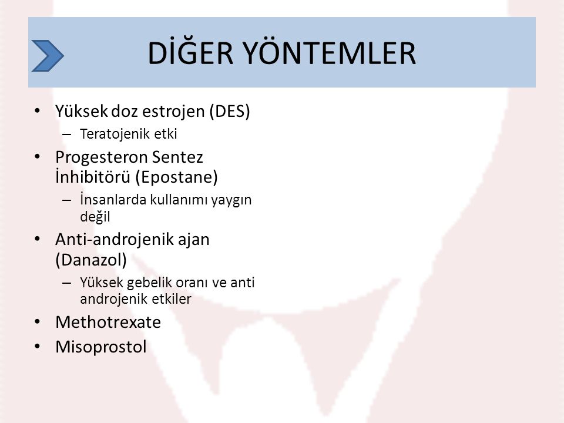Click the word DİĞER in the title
click(190, 52)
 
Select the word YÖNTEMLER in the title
click(330, 52)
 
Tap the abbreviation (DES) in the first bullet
click(230, 111)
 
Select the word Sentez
click(177, 157)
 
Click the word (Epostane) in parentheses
click(177, 177)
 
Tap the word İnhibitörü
click(93, 176)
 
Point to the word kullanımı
click(179, 200)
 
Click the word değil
click(95, 217)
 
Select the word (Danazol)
click(91, 260)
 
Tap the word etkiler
click(170, 299)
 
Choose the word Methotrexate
click(108, 322)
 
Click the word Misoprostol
click(101, 347)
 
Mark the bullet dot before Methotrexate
click(38, 321)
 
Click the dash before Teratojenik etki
click(66, 135)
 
